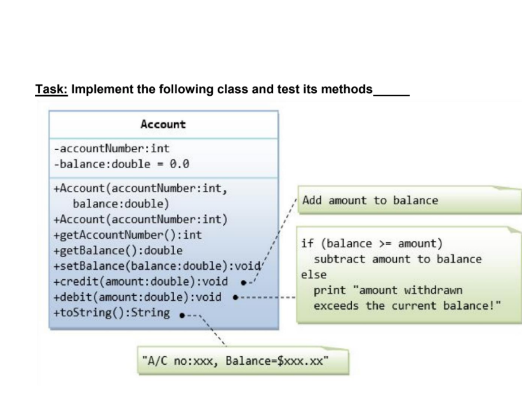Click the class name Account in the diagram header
click(x=163, y=124)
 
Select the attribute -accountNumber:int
click(x=112, y=149)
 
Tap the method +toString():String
click(x=112, y=312)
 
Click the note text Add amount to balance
click(x=370, y=201)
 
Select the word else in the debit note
click(x=314, y=275)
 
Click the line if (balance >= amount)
click(x=371, y=244)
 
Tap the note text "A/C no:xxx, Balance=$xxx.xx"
click(x=235, y=362)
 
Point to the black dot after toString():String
click(x=183, y=313)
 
